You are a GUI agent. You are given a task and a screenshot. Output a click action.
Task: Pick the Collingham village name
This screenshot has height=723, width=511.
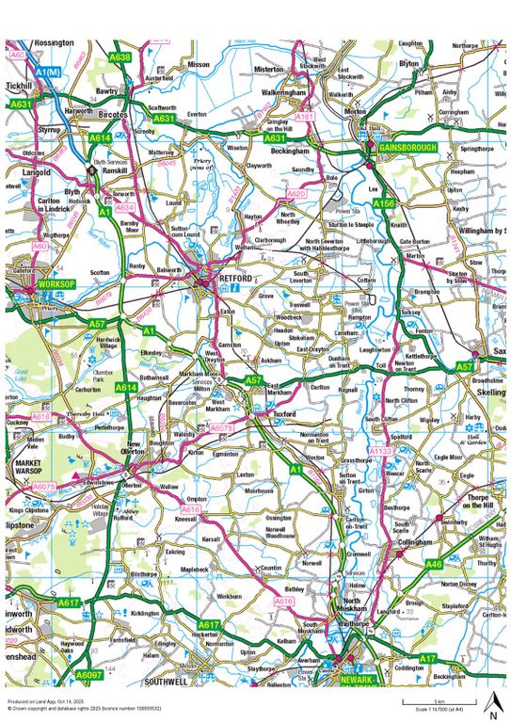click(415, 542)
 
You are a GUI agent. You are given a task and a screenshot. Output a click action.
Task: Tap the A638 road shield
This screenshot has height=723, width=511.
click(120, 57)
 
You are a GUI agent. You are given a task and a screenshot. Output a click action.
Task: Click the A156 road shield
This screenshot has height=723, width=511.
click(383, 203)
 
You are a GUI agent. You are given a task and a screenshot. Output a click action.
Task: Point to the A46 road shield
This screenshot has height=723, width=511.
click(434, 564)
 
